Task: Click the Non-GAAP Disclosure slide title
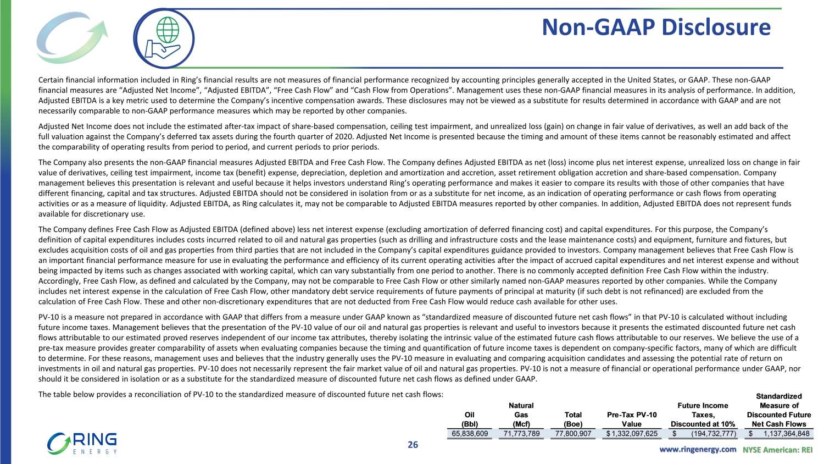click(x=656, y=27)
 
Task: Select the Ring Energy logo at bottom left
click(x=82, y=443)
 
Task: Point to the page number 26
click(x=413, y=445)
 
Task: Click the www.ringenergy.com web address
click(x=698, y=449)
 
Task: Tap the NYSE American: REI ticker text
click(x=777, y=449)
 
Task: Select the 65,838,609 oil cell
click(x=470, y=433)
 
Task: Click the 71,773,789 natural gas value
click(x=521, y=433)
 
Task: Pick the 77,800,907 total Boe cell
click(x=573, y=433)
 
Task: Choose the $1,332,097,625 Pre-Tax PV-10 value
click(x=632, y=433)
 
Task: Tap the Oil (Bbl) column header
click(x=470, y=419)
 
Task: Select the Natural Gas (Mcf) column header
click(x=521, y=415)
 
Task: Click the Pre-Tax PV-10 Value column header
click(x=632, y=419)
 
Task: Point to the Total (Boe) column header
click(x=573, y=419)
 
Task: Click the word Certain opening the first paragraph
click(x=51, y=80)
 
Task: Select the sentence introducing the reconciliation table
click(x=241, y=394)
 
